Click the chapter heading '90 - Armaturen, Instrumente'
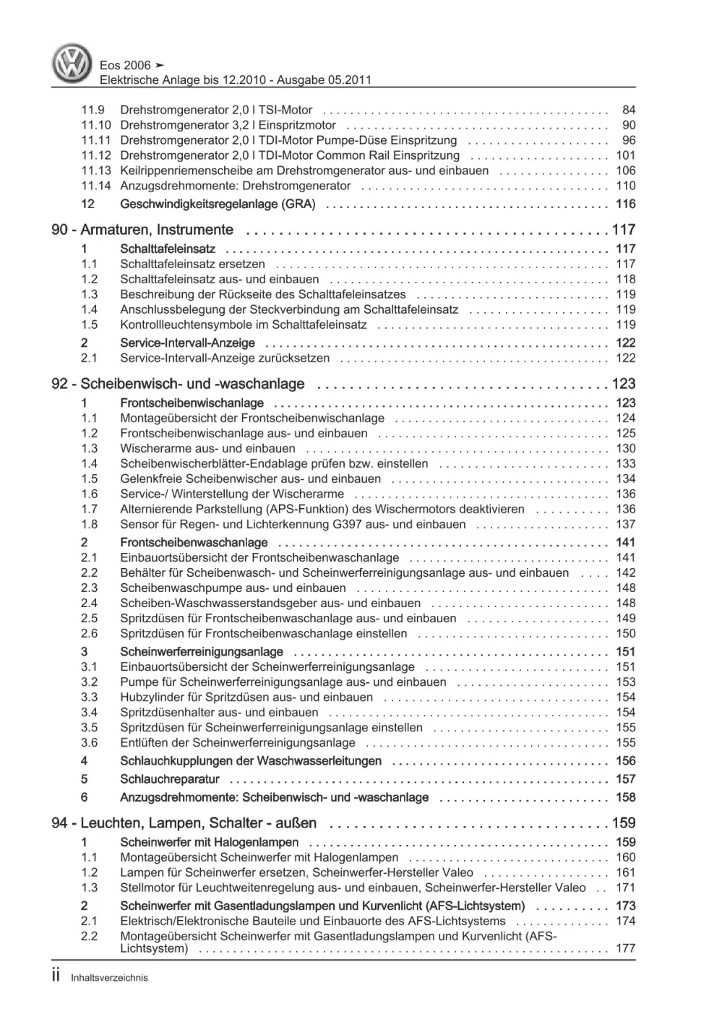[x=142, y=230]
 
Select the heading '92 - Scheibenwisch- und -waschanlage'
[x=178, y=384]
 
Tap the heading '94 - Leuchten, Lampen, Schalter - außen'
[x=184, y=823]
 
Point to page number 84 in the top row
[x=628, y=110]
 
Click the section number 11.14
[x=95, y=186]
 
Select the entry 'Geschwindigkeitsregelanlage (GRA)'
[x=218, y=204]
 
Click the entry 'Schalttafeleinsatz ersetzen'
[x=192, y=264]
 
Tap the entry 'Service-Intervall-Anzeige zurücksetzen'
[x=225, y=358]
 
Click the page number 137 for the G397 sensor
[x=625, y=524]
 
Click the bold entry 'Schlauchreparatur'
[x=170, y=779]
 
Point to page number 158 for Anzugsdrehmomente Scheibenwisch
[x=625, y=797]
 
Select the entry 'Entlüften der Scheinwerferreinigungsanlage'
[x=238, y=742]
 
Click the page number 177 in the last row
[x=625, y=948]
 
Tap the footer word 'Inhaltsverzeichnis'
[x=109, y=977]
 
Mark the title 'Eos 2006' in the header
[x=125, y=65]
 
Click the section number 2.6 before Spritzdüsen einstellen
[x=89, y=633]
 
